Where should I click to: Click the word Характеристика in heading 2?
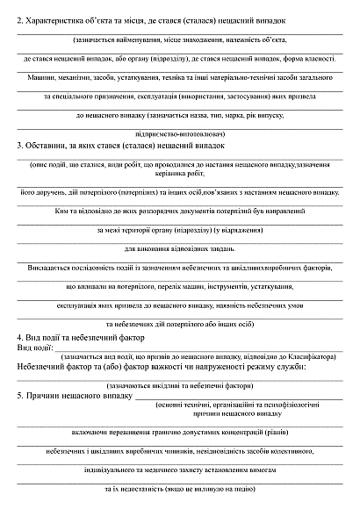[x=58, y=18]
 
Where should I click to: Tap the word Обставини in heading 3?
[x=47, y=147]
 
